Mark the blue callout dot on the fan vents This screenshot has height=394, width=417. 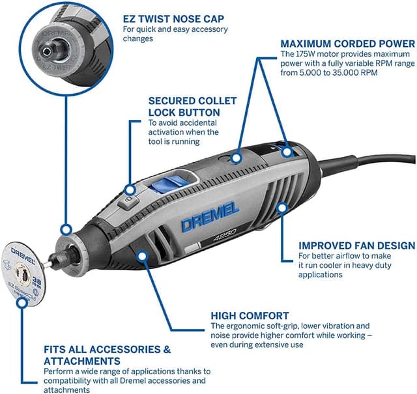pos(282,208)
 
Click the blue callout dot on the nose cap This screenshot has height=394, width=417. pos(65,229)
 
